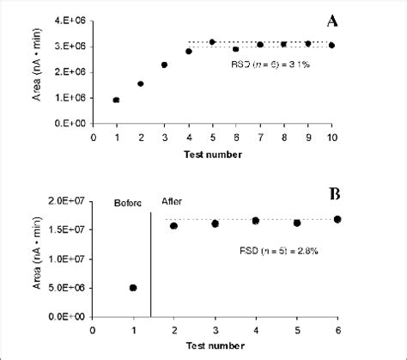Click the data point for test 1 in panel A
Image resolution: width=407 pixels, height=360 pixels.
click(117, 100)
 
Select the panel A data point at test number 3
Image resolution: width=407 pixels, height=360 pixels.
click(164, 64)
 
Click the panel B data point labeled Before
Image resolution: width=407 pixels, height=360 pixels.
click(133, 288)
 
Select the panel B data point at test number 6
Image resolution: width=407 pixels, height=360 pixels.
click(337, 219)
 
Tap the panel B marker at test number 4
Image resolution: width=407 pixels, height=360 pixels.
click(256, 221)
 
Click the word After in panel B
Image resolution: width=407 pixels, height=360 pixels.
click(172, 203)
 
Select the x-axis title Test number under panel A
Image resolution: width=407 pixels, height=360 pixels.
click(211, 155)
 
